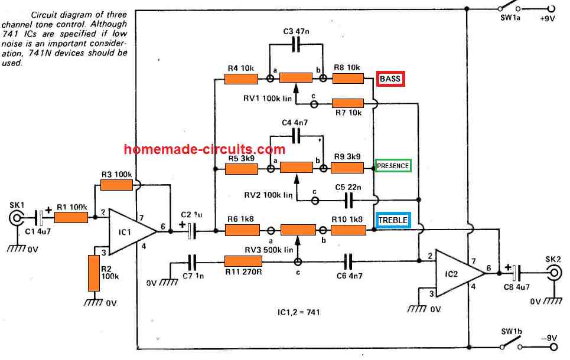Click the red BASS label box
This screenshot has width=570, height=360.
point(390,78)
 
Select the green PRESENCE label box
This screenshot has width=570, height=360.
point(393,166)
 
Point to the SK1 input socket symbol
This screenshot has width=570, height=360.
point(17,220)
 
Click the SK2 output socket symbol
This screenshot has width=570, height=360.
point(553,272)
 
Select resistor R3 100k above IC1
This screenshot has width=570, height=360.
point(116,185)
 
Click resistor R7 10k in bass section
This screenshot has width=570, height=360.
point(347,103)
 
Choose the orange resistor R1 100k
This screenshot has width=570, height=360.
point(71,218)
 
